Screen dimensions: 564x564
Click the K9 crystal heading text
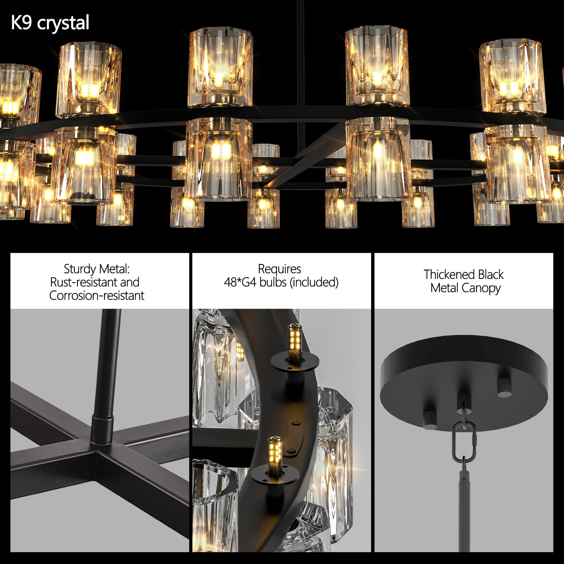pyautogui.click(x=50, y=23)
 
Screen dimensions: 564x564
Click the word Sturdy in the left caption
pyautogui.click(x=80, y=269)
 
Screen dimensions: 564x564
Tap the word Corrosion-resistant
pyautogui.click(x=97, y=296)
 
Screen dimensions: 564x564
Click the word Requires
pyautogui.click(x=280, y=269)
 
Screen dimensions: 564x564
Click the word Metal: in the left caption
pyautogui.click(x=114, y=269)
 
